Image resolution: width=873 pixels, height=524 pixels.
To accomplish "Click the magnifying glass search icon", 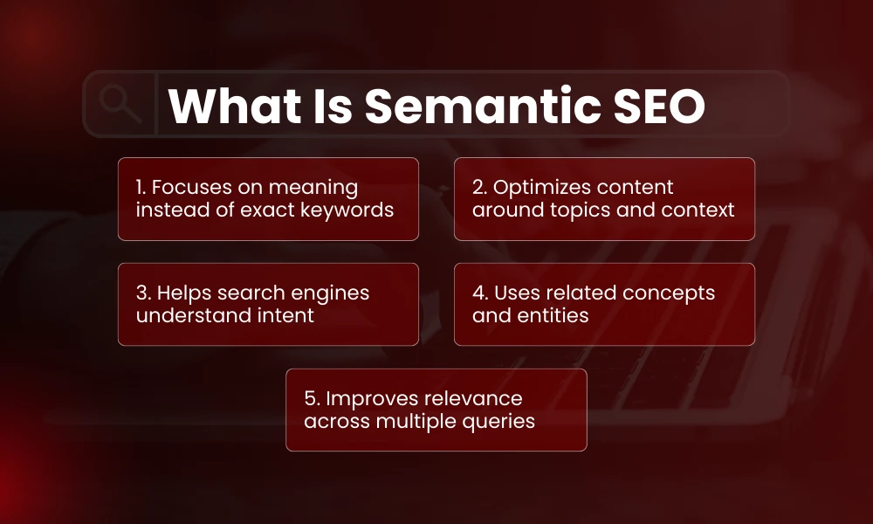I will point(120,104).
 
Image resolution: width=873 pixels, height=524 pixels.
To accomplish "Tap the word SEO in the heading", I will point(656,107).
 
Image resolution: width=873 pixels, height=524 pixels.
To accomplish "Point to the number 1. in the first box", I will point(142,188).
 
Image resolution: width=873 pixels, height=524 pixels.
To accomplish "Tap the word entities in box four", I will point(555,316).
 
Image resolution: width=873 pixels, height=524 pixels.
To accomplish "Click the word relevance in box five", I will point(473,399).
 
